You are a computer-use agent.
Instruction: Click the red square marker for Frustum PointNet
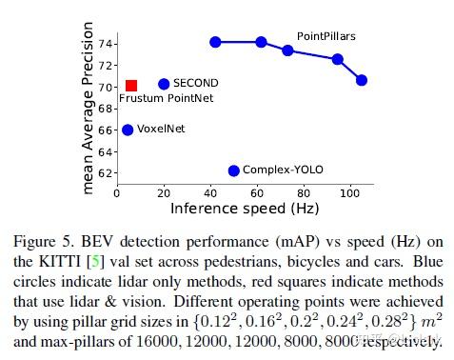point(131,87)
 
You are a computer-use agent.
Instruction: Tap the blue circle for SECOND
point(164,84)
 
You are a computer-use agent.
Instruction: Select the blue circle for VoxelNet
point(128,129)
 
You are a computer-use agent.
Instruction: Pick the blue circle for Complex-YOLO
point(233,170)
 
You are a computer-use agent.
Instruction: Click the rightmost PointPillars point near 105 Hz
point(361,81)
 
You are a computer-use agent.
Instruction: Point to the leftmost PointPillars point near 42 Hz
point(215,42)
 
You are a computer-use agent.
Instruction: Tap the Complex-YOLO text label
point(283,170)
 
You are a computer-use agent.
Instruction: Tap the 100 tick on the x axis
point(352,191)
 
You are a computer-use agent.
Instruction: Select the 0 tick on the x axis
point(117,191)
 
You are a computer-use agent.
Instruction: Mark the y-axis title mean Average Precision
point(89,110)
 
